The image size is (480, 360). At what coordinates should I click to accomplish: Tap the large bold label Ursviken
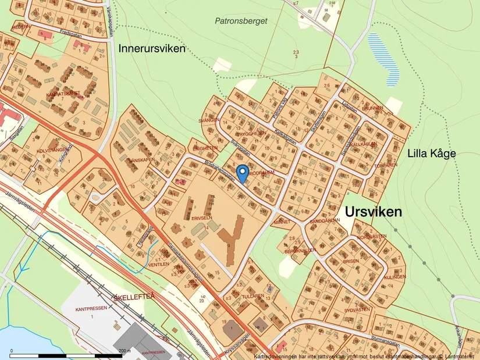point(373,212)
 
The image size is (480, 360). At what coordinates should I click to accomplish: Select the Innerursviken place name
point(152,49)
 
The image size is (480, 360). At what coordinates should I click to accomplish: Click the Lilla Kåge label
point(431,154)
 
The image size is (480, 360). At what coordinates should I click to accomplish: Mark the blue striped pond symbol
point(384,55)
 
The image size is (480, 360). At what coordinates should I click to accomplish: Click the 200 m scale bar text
point(124,351)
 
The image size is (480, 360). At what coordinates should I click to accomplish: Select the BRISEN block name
point(351,261)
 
